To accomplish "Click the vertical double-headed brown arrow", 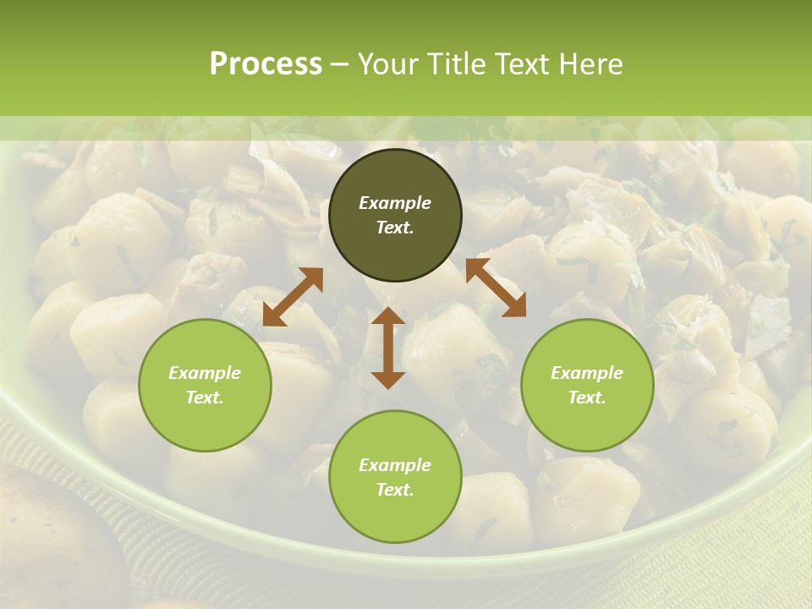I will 388,348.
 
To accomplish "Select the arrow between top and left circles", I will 293,297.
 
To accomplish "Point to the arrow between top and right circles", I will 496,288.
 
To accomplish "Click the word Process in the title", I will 266,63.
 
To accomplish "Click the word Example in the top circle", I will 395,203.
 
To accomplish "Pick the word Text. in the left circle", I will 205,398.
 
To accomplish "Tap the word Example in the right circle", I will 587,373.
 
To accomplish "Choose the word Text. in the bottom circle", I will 395,490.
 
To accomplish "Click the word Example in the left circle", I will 205,373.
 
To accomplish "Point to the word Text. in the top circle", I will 395,228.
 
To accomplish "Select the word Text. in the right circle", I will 587,398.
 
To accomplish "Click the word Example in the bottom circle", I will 395,465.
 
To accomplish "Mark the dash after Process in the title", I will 340,64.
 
